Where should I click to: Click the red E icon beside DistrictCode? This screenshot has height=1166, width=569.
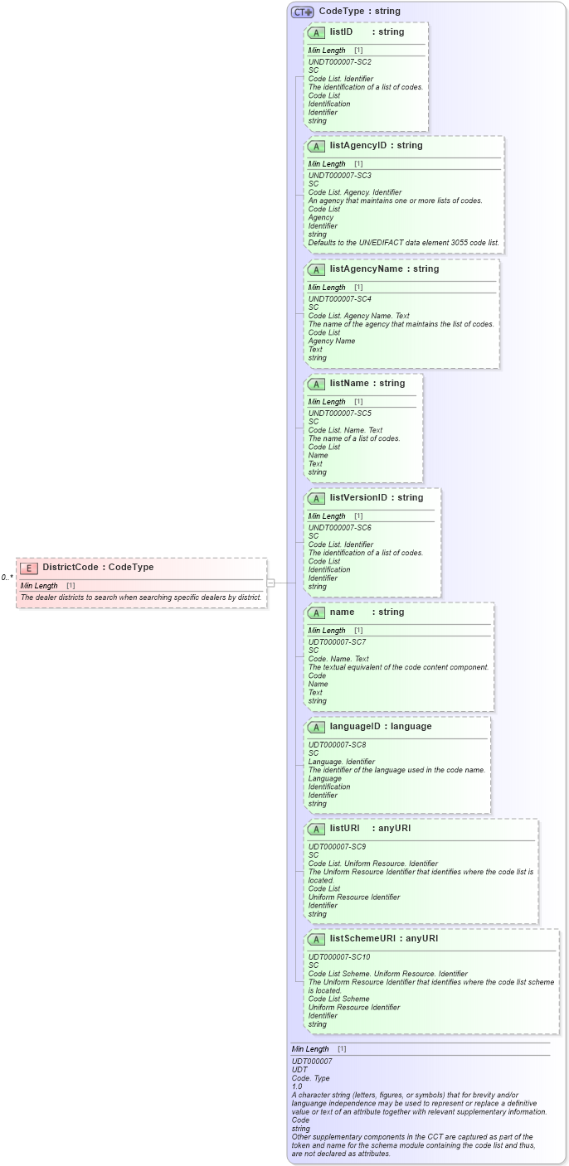29,568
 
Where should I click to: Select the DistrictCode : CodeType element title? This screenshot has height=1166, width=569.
98,568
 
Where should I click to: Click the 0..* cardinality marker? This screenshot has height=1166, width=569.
7,578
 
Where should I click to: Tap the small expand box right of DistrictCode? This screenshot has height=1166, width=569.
270,583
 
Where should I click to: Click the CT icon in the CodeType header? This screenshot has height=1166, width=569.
302,12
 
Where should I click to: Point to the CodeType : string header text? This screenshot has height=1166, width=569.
359,12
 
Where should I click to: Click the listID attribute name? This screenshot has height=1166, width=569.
341,32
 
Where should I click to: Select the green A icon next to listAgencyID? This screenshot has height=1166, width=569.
316,147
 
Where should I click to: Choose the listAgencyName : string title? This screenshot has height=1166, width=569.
384,269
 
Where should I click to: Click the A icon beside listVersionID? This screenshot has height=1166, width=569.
316,499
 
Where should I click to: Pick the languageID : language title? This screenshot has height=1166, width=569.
380,727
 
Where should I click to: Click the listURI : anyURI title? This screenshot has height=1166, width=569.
371,829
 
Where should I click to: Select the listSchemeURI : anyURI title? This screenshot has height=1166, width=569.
383,939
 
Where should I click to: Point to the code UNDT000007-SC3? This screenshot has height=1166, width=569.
339,176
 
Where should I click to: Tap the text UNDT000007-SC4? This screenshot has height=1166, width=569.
339,299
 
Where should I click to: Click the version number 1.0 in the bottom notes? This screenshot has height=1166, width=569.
297,1086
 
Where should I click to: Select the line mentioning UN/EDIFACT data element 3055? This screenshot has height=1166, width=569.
403,243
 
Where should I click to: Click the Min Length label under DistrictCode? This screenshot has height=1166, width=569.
39,586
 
